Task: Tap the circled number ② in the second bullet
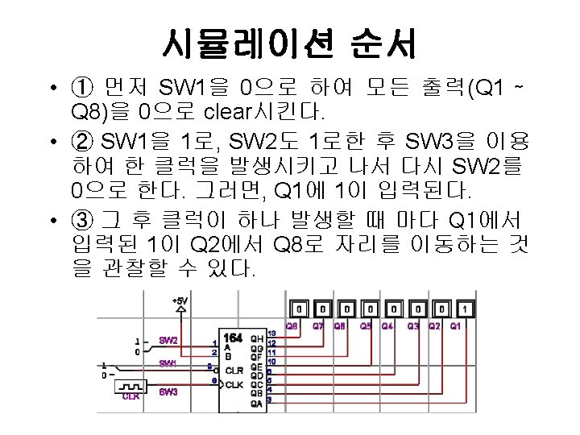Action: point(81,143)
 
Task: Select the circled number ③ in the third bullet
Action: point(81,220)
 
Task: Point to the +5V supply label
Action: point(180,300)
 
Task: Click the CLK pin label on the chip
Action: point(234,384)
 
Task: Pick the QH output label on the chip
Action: point(257,338)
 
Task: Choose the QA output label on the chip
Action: point(257,404)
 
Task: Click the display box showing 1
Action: point(465,309)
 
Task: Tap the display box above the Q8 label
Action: point(298,309)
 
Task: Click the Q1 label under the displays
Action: point(456,326)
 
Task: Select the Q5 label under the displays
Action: point(365,326)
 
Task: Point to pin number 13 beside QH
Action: point(271,333)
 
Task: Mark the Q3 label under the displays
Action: point(413,326)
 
